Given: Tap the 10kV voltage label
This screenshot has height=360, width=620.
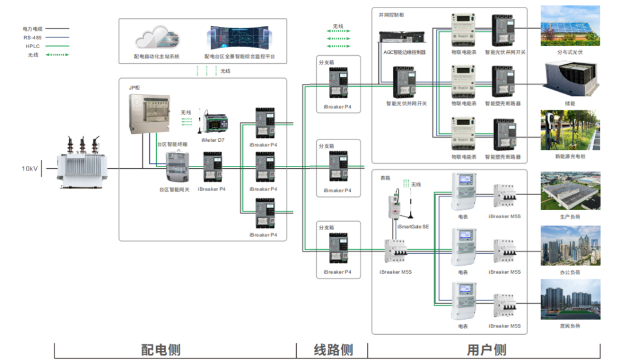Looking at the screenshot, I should click(30, 169).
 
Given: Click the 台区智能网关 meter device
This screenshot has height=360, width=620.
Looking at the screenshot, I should click(177, 167).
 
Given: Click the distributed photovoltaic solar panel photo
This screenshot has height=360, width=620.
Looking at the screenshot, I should click(570, 26).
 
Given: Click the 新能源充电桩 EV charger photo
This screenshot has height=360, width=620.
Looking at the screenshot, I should click(570, 130).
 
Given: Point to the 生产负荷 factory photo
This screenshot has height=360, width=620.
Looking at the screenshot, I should click(570, 191).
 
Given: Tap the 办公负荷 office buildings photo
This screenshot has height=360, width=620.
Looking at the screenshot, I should click(570, 245).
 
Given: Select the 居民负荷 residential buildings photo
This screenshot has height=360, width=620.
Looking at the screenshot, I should click(570, 300).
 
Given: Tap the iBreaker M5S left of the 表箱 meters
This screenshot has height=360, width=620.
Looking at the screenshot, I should click(396, 251).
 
